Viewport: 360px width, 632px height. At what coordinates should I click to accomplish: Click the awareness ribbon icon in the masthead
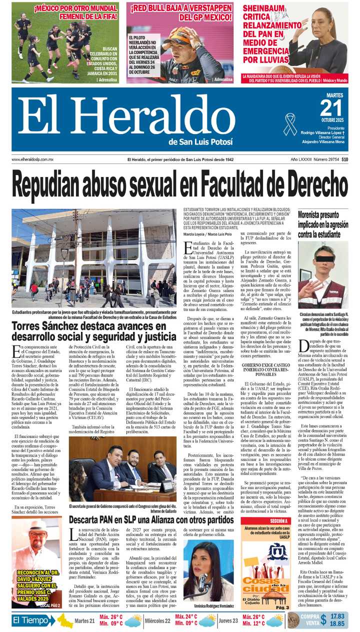(x=290, y=124)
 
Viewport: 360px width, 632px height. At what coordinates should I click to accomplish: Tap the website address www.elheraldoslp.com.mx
(x=32, y=159)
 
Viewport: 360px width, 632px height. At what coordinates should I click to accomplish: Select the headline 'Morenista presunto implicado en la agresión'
(x=323, y=224)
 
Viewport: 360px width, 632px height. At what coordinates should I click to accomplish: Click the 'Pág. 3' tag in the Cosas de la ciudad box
(x=282, y=607)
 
